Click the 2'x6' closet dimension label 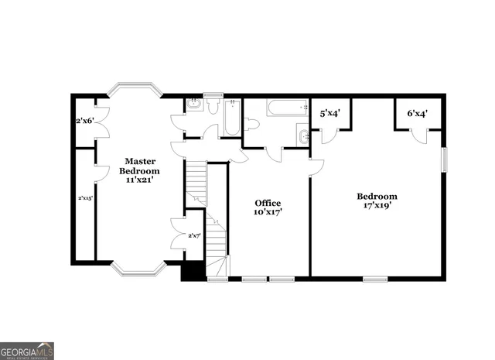(x=84, y=121)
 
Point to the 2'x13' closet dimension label (x=85, y=198)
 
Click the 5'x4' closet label (x=331, y=114)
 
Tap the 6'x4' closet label (x=418, y=114)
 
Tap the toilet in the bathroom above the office (x=251, y=124)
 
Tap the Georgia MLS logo (x=27, y=351)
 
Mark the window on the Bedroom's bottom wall (x=375, y=278)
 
